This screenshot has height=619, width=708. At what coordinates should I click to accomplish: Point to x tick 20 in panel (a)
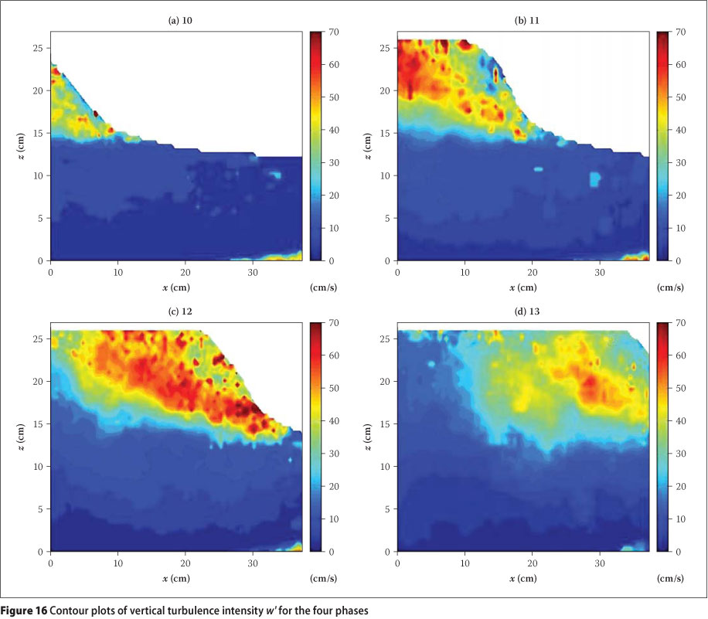pos(186,272)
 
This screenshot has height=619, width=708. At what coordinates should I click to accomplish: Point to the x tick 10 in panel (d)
pos(465,563)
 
